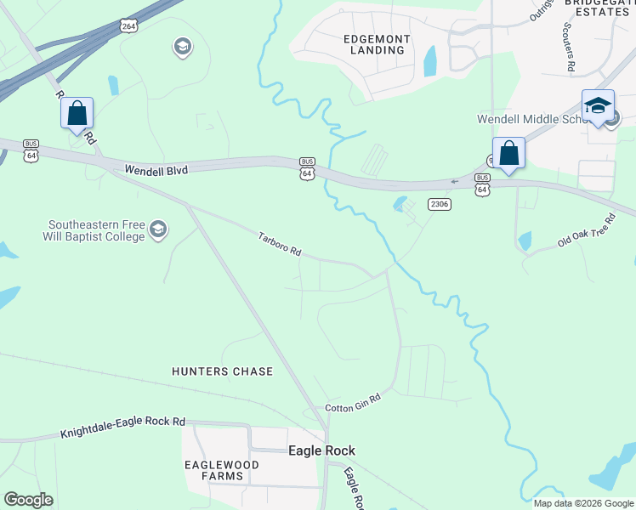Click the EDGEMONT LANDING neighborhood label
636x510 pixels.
[x=377, y=44]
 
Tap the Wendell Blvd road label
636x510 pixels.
[x=156, y=170]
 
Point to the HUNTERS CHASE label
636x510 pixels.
[x=223, y=371]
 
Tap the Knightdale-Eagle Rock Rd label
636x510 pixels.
[x=122, y=428]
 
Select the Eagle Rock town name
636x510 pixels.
[x=321, y=450]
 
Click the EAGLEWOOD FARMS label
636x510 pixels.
[x=215, y=470]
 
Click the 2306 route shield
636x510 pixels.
[x=440, y=204]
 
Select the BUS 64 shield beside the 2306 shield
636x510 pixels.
[x=482, y=184]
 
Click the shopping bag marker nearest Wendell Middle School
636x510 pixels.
[x=508, y=154]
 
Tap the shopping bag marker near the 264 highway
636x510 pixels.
[x=77, y=113]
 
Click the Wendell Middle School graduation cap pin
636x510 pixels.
[x=598, y=105]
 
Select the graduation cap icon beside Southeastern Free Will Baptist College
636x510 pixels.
[x=158, y=229]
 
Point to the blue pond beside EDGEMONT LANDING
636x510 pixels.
[x=430, y=61]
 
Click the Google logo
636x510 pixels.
[x=28, y=499]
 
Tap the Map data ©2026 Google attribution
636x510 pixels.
[x=583, y=503]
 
